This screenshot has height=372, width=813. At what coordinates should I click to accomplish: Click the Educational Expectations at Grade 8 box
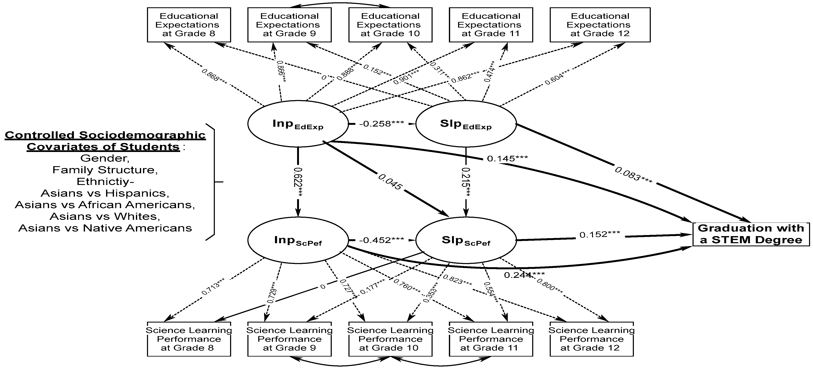pyautogui.click(x=189, y=25)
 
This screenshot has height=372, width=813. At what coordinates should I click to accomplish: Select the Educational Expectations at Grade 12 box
pyautogui.click(x=600, y=25)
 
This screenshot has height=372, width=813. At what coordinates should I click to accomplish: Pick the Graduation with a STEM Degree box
pyautogui.click(x=751, y=234)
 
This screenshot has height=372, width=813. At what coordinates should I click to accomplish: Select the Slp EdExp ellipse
pyautogui.click(x=466, y=124)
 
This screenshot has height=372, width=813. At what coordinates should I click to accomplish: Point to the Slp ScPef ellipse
pyautogui.click(x=466, y=240)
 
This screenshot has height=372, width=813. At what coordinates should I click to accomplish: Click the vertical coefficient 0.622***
pyautogui.click(x=298, y=182)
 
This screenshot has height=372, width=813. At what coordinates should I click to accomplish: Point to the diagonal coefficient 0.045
pyautogui.click(x=390, y=181)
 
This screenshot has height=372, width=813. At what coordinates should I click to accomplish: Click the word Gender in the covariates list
pyautogui.click(x=105, y=158)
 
